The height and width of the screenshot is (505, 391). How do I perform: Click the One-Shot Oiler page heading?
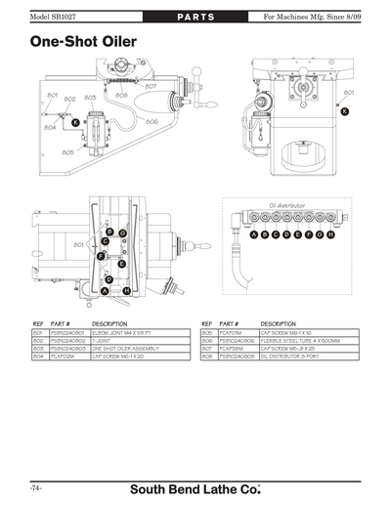click(82, 42)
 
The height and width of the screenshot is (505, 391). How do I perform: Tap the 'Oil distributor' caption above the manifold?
click(287, 205)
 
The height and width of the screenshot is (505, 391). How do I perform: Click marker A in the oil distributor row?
click(253, 235)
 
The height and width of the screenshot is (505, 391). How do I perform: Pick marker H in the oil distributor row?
click(331, 235)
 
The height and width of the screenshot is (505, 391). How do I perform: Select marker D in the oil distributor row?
click(286, 235)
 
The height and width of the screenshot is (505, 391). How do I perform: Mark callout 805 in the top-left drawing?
click(67, 152)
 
